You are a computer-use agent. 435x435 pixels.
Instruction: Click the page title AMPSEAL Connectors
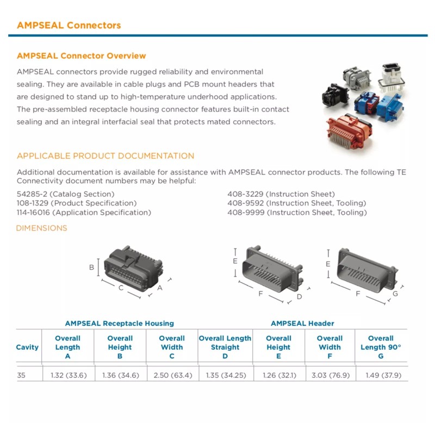pos(69,25)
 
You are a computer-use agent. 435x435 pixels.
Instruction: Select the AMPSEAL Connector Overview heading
pos(82,55)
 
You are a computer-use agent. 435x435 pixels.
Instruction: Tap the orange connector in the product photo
pos(351,130)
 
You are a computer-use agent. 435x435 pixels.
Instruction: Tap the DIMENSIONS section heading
pos(42,228)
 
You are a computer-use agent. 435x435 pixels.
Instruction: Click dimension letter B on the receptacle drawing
pos(92,267)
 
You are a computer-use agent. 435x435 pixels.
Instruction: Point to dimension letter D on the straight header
pos(299,297)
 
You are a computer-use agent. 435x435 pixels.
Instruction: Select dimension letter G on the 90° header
pos(395,294)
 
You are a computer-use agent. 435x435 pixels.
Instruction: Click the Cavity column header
pos(27,347)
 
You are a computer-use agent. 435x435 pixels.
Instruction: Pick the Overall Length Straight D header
pos(225,347)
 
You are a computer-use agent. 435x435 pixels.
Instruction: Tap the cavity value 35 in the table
pos(21,375)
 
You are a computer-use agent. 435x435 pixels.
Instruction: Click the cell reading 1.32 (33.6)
pos(69,375)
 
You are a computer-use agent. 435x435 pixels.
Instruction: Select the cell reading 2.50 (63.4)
pos(172,375)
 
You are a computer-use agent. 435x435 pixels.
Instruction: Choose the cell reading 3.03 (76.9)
pos(330,375)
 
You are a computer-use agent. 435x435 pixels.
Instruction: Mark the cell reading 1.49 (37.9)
pos(381,375)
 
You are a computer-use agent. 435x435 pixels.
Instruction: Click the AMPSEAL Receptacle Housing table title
pos(120,324)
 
